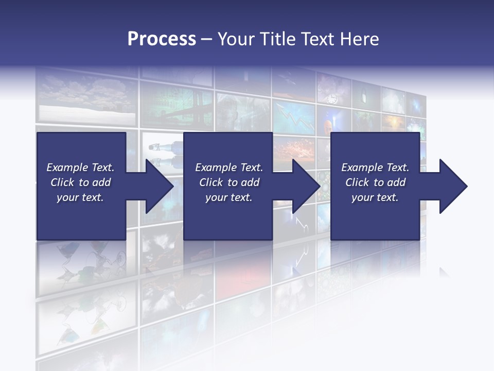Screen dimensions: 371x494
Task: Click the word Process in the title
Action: tap(162, 39)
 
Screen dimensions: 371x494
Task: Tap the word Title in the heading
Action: tap(278, 39)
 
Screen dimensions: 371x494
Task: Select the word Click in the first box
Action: tap(63, 182)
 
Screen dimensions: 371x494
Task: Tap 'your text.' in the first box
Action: tap(80, 197)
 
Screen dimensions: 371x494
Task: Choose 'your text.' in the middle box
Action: tap(228, 197)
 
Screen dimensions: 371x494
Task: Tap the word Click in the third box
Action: tap(358, 182)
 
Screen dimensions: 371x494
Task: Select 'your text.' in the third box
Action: tap(375, 197)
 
